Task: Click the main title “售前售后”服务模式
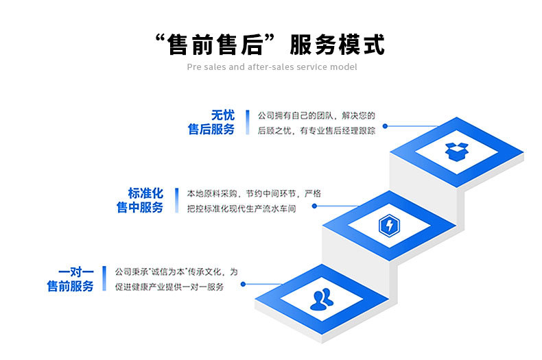(270, 45)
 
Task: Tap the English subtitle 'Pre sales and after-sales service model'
(272, 67)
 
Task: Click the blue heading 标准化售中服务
(140, 200)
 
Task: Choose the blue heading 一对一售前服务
(70, 278)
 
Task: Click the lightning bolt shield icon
(388, 225)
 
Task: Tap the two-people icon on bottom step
(321, 299)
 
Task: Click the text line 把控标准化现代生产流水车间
(241, 208)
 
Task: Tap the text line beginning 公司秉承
(176, 272)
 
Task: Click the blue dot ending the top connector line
(385, 126)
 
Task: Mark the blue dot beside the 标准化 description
(314, 205)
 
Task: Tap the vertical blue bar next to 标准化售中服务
(176, 200)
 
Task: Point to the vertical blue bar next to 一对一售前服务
(105, 278)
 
